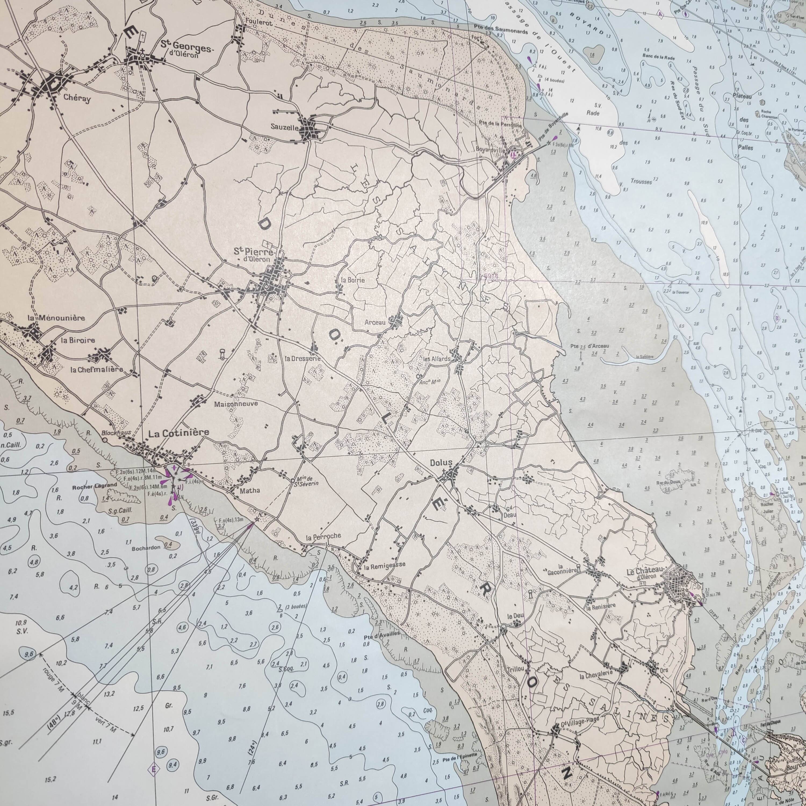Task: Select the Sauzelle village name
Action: [x=285, y=128]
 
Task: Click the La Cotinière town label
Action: [x=179, y=433]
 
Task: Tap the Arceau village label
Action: [x=374, y=322]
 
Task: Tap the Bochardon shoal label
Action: [x=146, y=548]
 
